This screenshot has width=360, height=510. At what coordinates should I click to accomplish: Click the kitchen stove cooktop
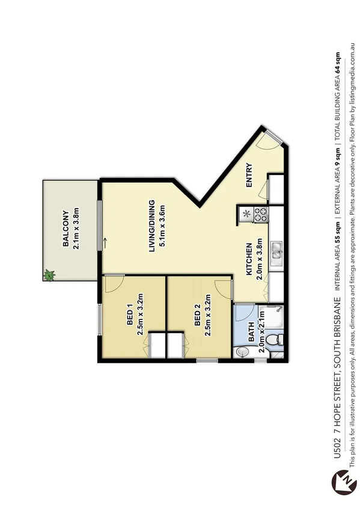261,213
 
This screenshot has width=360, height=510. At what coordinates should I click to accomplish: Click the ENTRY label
249,176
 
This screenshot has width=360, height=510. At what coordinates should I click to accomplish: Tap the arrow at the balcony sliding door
106,244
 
